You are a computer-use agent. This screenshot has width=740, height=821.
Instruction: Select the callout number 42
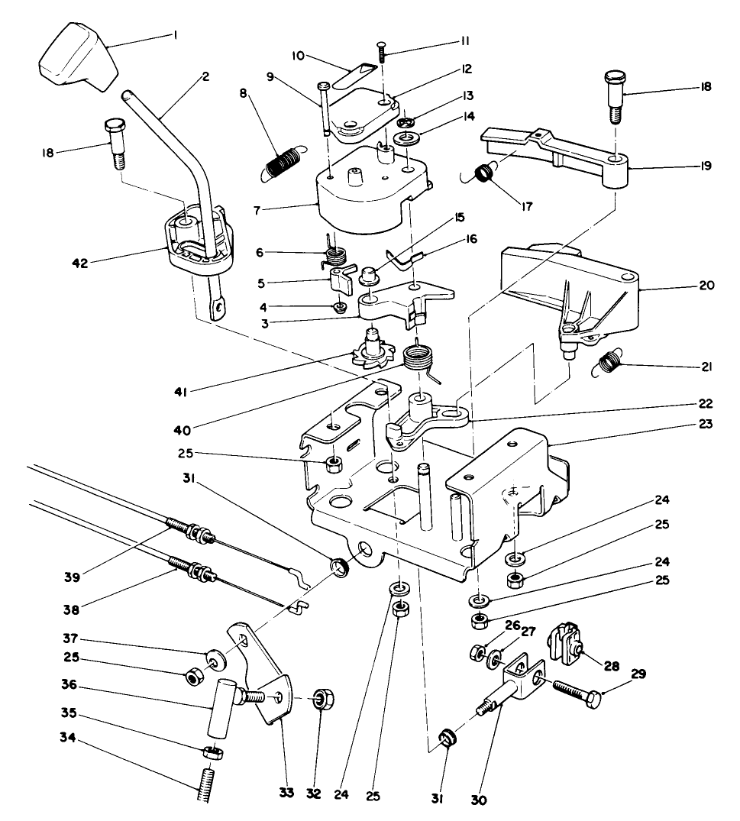click(x=80, y=263)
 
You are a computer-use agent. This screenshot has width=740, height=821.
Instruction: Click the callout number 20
click(x=706, y=286)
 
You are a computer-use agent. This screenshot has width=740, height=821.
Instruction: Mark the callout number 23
click(x=706, y=423)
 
